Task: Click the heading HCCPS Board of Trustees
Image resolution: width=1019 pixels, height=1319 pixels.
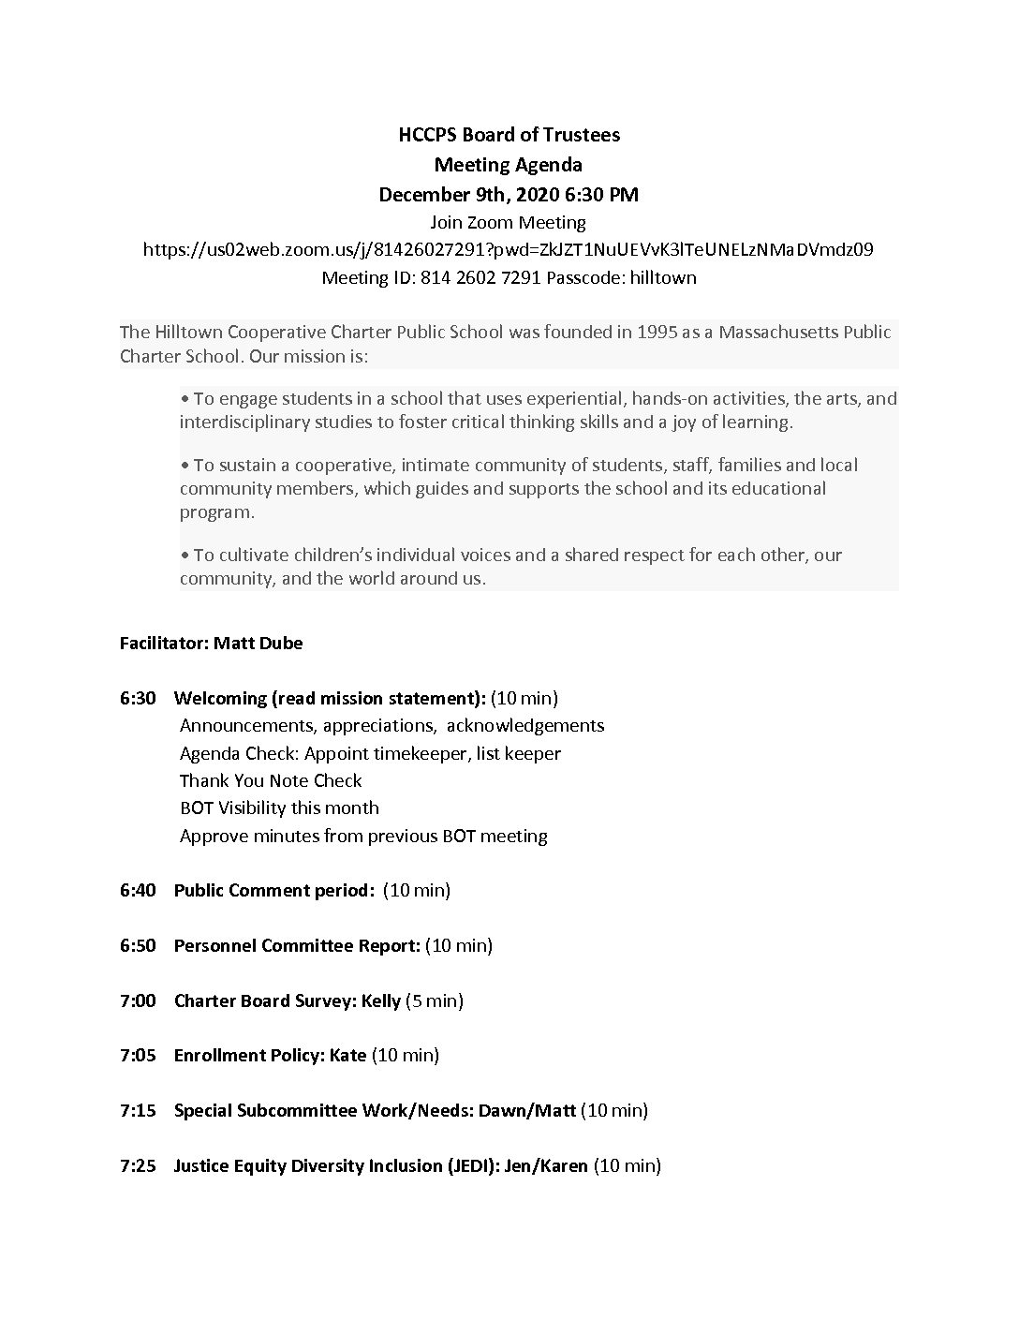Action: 509,135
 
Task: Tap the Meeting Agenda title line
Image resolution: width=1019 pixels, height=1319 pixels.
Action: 509,165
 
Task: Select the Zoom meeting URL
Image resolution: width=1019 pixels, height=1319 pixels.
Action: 509,250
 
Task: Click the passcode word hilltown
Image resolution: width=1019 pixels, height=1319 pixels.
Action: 663,278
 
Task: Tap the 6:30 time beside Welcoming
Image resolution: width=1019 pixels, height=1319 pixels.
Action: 138,698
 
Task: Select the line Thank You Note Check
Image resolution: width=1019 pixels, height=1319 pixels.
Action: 271,780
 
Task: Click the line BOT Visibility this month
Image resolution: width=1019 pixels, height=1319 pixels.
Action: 279,808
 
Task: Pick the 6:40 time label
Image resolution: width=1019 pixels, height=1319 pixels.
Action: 138,890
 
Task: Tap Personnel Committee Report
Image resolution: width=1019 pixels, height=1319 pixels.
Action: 297,945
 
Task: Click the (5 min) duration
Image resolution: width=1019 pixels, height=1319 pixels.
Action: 435,1000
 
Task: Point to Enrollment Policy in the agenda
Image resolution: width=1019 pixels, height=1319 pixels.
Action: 248,1056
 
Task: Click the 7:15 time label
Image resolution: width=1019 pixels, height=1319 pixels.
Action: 138,1110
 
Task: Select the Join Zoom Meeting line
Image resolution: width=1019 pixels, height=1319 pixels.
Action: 509,223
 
